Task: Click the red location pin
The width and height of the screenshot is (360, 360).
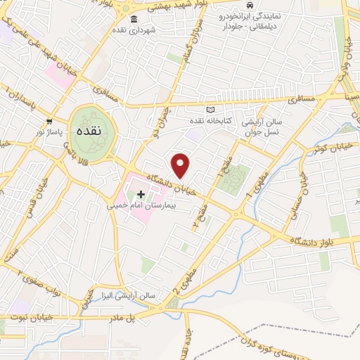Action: point(181,165)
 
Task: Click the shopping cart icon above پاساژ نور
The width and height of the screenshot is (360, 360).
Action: point(49,120)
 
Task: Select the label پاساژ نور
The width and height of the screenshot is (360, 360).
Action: point(50,131)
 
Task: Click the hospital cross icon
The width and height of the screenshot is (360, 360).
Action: point(140,193)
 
